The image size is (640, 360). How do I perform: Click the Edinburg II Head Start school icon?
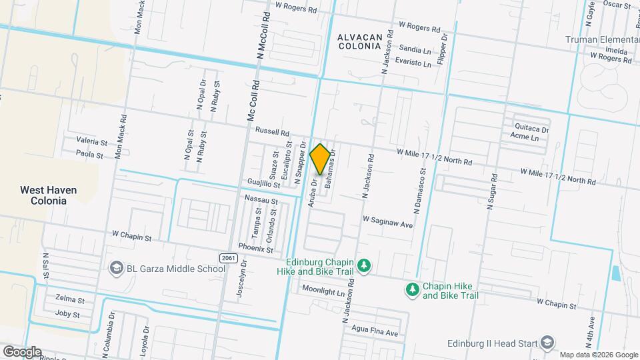[x=547, y=342]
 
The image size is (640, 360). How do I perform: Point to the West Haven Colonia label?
[x=48, y=195]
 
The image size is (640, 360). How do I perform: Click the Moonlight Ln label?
[x=326, y=291]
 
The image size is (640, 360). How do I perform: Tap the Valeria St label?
[x=91, y=142]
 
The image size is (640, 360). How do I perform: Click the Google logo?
[x=22, y=351]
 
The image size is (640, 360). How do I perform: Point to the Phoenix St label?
[x=256, y=249]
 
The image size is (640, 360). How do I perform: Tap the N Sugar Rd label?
[x=493, y=192]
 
